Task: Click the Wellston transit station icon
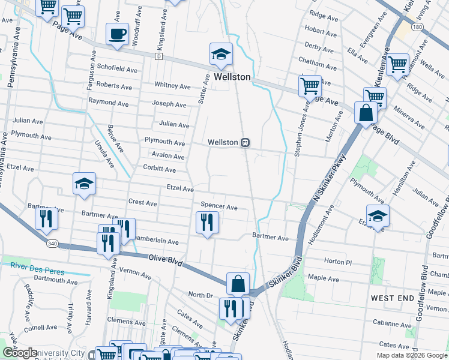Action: pos(246,142)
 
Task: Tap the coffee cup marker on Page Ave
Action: pos(117,34)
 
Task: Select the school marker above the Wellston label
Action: pos(221,54)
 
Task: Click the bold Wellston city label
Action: pos(229,77)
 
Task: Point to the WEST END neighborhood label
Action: pos(392,298)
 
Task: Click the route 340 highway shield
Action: pos(52,244)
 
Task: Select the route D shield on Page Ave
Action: pos(158,56)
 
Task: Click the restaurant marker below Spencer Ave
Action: pos(207,223)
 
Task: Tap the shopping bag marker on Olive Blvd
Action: pos(238,283)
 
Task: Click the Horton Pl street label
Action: pos(334,262)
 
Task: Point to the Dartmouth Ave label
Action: pos(56,281)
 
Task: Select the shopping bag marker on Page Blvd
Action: pos(366,113)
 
